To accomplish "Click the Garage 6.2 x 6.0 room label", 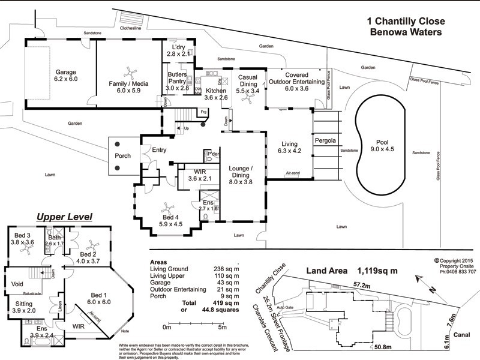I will pos(66,76).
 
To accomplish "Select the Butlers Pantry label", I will pos(178,80).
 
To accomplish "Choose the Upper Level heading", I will pos(64,217).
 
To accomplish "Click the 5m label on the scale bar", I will pos(222,327).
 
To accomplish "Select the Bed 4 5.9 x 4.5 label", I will pos(170,221).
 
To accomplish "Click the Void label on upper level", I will pos(18,283).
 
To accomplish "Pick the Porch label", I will pos(122,157).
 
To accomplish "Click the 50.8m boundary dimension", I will pos(383,346).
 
